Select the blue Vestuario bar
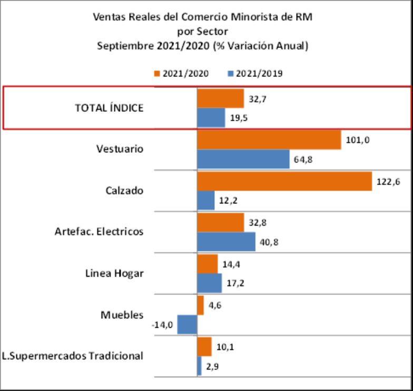(243, 159)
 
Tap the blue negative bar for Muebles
(187, 324)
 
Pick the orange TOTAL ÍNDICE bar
(220, 98)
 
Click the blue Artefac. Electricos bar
(226, 242)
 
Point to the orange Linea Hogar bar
(207, 263)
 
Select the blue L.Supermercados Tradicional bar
(199, 366)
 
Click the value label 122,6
(387, 180)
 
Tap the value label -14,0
(162, 325)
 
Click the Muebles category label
(122, 315)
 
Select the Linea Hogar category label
(114, 273)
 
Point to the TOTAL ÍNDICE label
(109, 107)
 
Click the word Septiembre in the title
(125, 46)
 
